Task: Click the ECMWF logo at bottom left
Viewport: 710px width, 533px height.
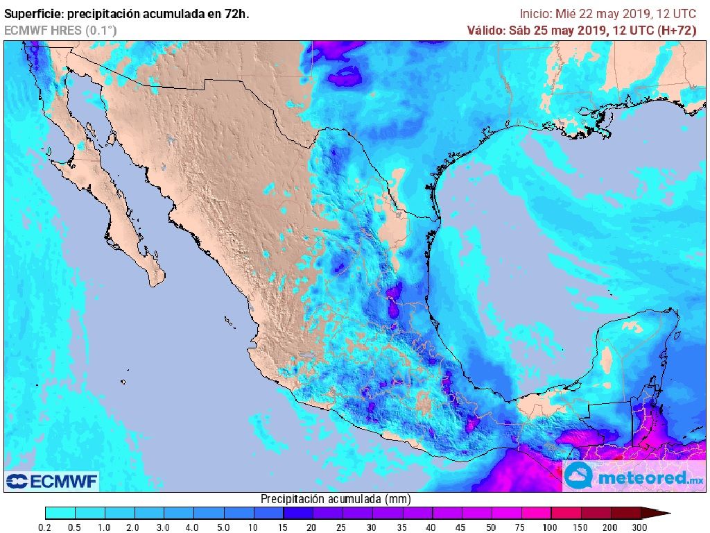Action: tap(52, 481)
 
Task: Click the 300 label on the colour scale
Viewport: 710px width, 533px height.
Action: tap(639, 527)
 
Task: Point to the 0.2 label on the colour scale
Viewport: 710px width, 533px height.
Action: tap(45, 527)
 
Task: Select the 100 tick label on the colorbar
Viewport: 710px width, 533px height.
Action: tap(551, 527)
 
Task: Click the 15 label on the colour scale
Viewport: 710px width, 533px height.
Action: tap(283, 527)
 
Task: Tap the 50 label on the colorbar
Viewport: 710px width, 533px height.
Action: tap(491, 527)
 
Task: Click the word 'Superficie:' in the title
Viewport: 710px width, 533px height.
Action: tap(33, 14)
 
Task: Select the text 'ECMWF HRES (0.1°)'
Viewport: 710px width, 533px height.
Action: tap(61, 30)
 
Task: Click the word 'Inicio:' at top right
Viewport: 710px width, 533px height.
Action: tap(536, 14)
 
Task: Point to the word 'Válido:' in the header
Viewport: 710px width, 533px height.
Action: tap(486, 30)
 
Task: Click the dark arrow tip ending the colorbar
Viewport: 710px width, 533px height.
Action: tap(662, 514)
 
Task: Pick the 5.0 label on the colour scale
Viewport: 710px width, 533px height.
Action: tap(223, 527)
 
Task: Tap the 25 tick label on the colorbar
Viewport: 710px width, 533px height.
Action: tap(343, 527)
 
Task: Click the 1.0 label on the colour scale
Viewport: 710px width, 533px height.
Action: tap(105, 527)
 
